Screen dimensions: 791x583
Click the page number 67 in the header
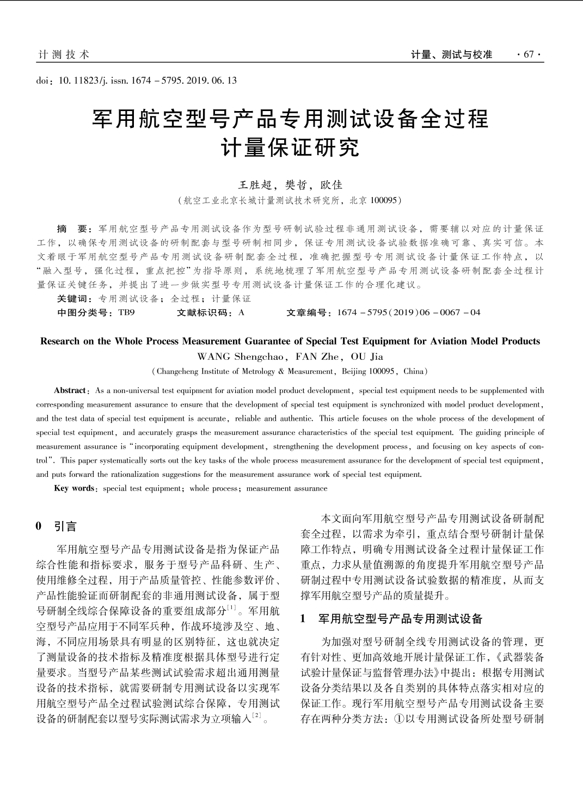point(529,54)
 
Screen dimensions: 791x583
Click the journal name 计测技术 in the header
point(64,54)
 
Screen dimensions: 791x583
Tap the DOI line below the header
point(137,81)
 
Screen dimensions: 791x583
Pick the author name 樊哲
point(297,185)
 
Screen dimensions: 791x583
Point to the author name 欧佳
point(332,185)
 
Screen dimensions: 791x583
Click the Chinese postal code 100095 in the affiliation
point(383,200)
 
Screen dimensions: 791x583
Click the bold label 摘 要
point(74,229)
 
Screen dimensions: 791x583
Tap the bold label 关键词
point(74,298)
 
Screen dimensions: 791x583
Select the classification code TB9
point(126,312)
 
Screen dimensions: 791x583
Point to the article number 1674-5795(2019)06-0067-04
point(408,312)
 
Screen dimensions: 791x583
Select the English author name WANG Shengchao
point(240,357)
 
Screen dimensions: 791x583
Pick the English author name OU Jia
point(367,357)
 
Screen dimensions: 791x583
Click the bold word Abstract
point(70,390)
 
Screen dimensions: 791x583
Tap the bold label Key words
point(74,488)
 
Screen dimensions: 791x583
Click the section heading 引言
point(65,526)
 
